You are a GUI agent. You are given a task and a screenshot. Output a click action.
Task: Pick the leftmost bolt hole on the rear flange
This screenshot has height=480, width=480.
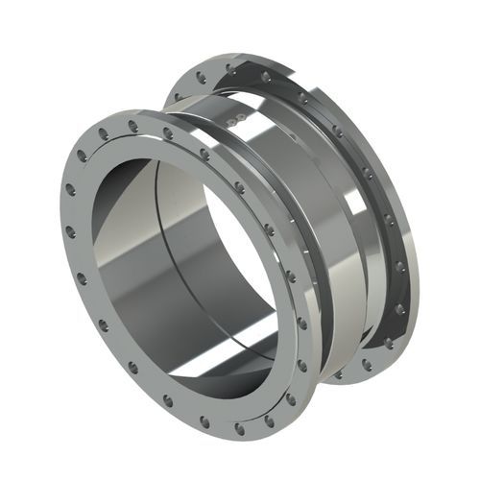pos(179,96)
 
